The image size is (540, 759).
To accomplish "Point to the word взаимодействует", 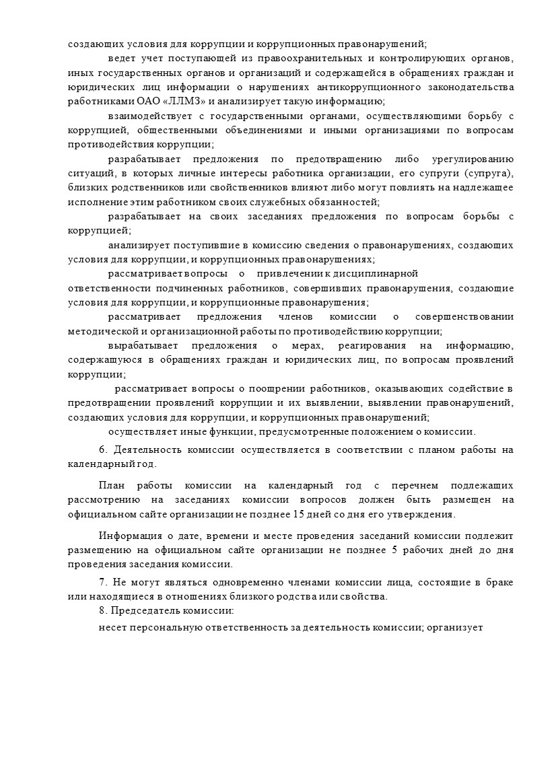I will pyautogui.click(x=143, y=116).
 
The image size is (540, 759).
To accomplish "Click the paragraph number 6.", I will pyautogui.click(x=102, y=449).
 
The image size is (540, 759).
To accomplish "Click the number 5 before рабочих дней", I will pyautogui.click(x=394, y=550).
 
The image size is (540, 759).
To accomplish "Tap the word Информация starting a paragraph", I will pyautogui.click(x=127, y=536).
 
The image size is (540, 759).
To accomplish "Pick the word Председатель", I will pyautogui.click(x=143, y=611).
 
